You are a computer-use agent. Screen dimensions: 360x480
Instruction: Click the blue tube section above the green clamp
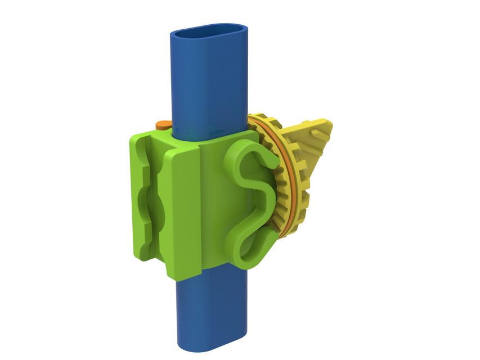coord(208,84)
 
